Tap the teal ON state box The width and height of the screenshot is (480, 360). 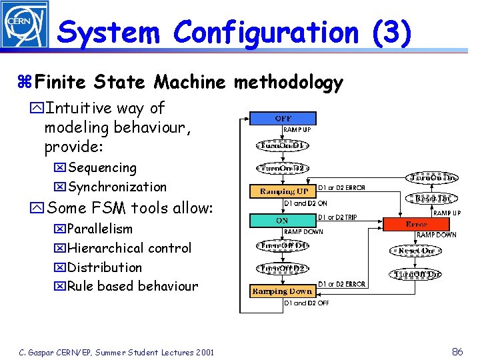click(x=282, y=220)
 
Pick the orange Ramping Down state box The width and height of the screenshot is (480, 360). click(x=282, y=291)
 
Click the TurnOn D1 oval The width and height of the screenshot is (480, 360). click(x=283, y=145)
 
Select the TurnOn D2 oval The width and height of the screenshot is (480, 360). click(x=283, y=169)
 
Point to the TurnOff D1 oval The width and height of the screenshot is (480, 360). click(x=283, y=246)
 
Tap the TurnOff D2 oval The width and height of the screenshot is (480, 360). click(x=283, y=269)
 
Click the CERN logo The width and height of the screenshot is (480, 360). click(x=25, y=25)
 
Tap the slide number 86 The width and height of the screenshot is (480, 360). click(x=457, y=351)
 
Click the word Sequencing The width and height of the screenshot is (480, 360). click(x=102, y=168)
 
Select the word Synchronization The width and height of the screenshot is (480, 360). click(x=117, y=187)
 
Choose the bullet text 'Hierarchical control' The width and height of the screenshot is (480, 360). click(x=129, y=248)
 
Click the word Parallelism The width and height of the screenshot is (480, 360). click(x=100, y=229)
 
